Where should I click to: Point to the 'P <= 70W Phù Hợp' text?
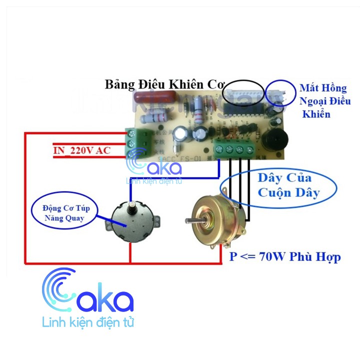click(x=285, y=257)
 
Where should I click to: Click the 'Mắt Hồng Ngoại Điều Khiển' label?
click(x=322, y=101)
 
